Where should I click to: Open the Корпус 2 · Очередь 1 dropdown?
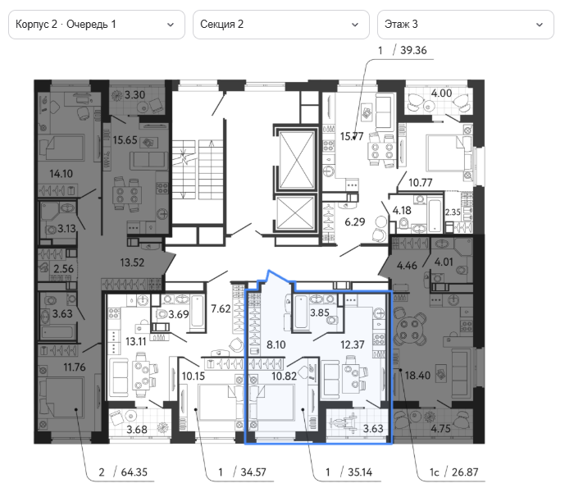(x=97, y=25)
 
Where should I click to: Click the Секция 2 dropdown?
(x=281, y=25)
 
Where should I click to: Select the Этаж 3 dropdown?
(x=466, y=25)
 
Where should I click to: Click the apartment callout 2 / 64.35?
(x=123, y=472)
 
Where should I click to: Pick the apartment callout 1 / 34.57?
(x=242, y=472)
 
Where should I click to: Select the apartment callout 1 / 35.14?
(x=349, y=472)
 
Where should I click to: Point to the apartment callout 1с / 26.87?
(x=453, y=472)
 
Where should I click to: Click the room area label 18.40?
(x=417, y=376)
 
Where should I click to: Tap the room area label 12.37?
(x=353, y=344)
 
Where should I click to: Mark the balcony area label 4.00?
(x=441, y=93)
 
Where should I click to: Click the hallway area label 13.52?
(x=132, y=262)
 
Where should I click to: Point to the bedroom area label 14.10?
(x=62, y=174)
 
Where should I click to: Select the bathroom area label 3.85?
(x=320, y=312)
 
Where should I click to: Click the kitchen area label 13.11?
(x=136, y=341)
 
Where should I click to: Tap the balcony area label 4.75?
(x=440, y=429)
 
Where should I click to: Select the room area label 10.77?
(x=420, y=183)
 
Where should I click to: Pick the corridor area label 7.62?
(x=221, y=308)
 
